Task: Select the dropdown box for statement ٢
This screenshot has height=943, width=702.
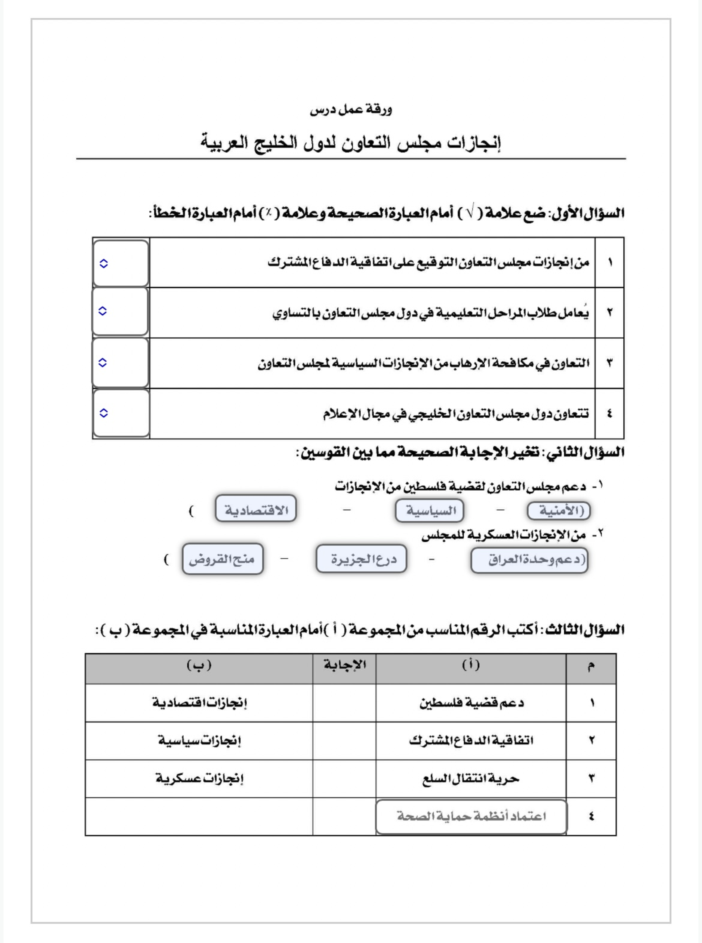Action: point(120,312)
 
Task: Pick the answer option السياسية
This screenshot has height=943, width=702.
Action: point(429,510)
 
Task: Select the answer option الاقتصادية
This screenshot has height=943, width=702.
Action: point(256,508)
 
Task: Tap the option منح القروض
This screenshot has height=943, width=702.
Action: point(223,559)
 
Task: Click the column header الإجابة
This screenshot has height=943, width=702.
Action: point(344,664)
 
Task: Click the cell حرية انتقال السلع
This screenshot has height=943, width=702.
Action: point(471,779)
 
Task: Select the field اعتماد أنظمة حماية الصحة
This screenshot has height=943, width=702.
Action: point(471,816)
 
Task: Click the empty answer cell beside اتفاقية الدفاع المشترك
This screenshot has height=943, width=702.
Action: point(344,741)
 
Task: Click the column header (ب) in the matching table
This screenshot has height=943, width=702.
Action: point(199,664)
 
